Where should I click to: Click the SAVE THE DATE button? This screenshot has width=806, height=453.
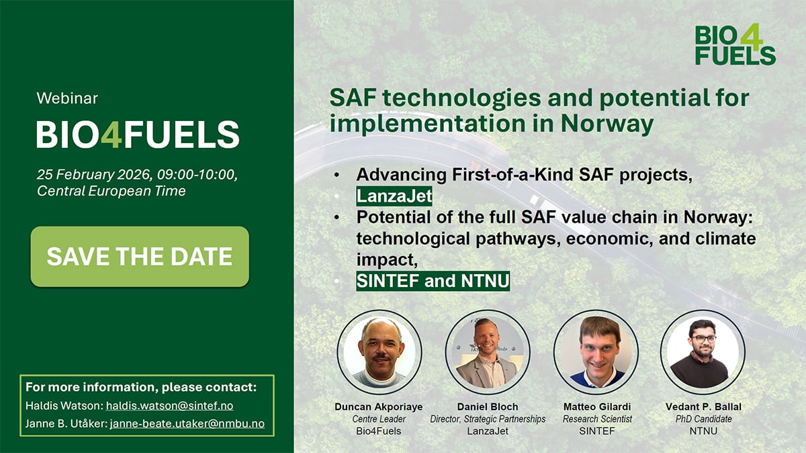coord(140,257)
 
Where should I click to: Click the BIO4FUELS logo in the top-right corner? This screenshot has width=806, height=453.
coord(735,45)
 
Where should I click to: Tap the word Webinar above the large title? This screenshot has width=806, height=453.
coord(66,98)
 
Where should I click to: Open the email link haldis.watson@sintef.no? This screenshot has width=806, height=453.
coord(169,406)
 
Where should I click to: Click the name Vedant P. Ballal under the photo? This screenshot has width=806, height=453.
coord(703,407)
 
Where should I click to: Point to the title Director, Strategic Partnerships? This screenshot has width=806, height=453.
coord(487,419)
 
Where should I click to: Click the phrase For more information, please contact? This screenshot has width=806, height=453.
coord(141,388)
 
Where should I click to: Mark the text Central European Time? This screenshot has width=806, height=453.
coord(111,191)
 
